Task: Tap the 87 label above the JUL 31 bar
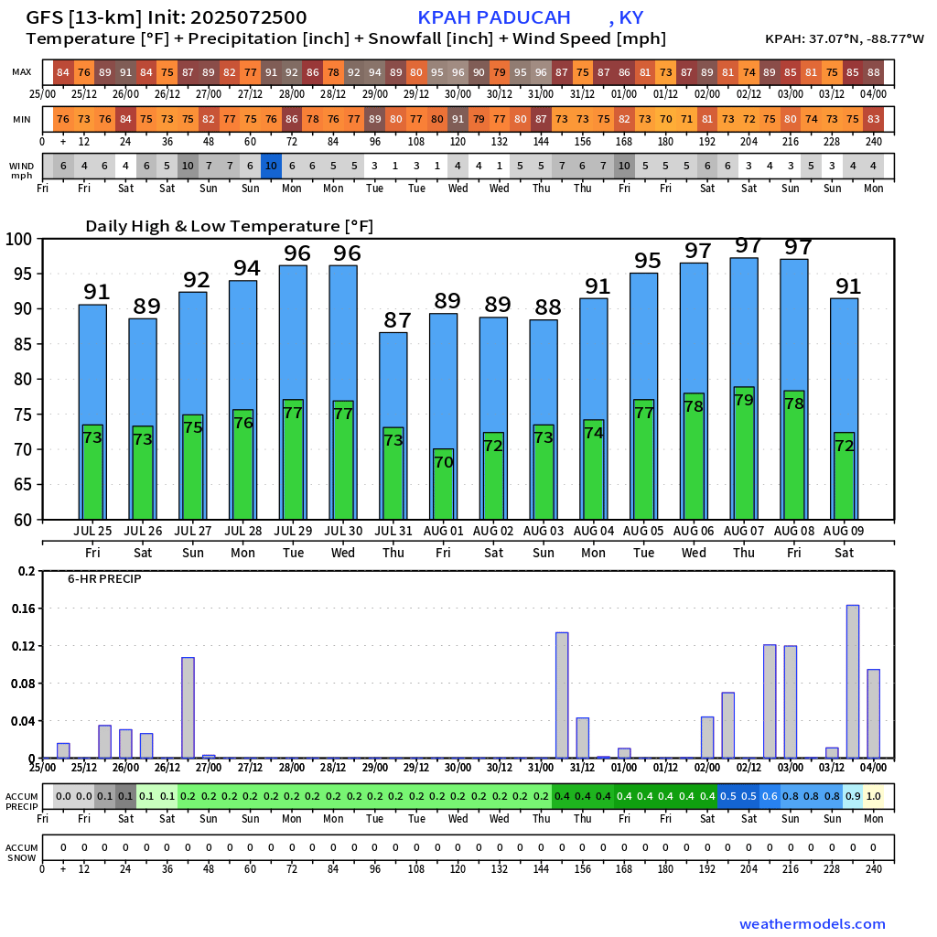397,320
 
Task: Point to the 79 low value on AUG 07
743,400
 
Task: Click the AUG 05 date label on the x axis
644,531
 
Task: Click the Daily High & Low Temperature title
230,226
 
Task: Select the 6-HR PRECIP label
104,579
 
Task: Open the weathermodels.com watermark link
813,924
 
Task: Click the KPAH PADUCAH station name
494,18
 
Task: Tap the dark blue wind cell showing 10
271,166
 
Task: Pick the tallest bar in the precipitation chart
853,681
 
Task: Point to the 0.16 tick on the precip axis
26,609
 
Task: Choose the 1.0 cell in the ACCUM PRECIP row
874,796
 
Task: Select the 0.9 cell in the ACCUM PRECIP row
853,796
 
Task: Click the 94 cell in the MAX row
374,72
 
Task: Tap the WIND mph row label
22,169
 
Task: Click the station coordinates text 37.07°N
828,39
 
